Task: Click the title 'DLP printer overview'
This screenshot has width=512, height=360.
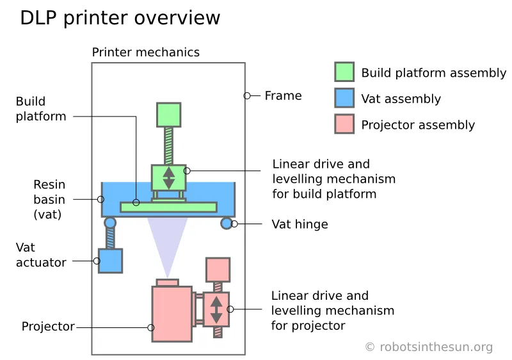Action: click(120, 18)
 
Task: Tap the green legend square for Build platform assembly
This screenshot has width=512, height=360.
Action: click(344, 72)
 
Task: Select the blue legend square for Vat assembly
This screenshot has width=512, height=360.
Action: click(344, 98)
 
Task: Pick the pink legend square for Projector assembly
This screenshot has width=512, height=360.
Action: click(344, 124)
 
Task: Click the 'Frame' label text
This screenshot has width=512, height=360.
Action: click(283, 96)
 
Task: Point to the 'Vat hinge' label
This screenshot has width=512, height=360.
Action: click(300, 224)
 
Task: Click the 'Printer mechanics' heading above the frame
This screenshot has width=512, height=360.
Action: click(145, 53)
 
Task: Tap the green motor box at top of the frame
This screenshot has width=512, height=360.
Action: click(168, 115)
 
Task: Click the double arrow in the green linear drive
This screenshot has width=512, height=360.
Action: click(168, 177)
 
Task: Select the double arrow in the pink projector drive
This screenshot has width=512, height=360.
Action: click(216, 309)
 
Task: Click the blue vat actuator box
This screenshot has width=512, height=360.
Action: click(110, 261)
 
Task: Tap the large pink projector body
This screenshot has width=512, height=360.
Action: click(171, 313)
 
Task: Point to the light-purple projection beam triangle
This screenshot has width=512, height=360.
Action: click(168, 240)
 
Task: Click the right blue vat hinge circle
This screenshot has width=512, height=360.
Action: click(226, 223)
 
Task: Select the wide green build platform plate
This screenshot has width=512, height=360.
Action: click(168, 207)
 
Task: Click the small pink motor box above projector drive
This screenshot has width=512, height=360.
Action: click(218, 269)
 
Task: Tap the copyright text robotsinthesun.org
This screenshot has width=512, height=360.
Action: click(429, 347)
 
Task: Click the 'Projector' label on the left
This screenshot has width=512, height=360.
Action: click(48, 327)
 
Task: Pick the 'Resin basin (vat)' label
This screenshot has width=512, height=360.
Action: click(49, 199)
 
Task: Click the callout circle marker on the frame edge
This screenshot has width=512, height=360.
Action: click(246, 96)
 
